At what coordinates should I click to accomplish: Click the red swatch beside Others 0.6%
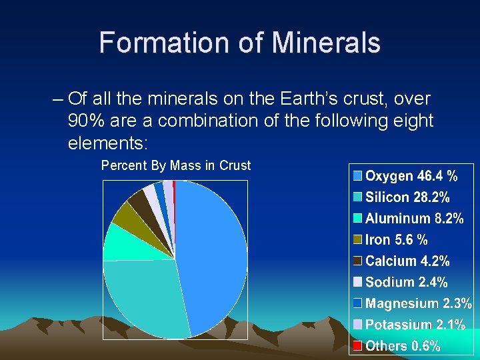click(357, 346)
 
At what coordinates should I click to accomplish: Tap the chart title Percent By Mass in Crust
click(175, 166)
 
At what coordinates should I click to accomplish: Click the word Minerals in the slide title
click(326, 43)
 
